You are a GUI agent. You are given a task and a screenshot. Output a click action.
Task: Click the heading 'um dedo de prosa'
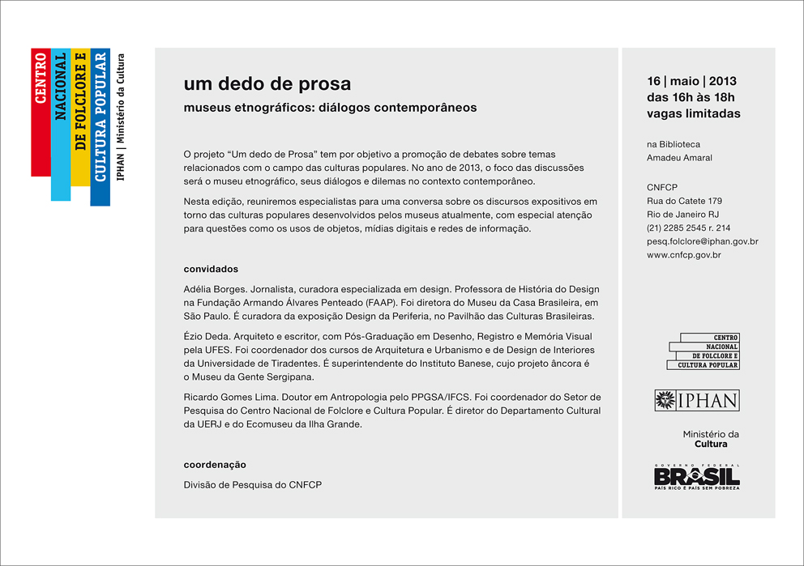267,84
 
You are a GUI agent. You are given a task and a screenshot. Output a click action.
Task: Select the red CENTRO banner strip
41,113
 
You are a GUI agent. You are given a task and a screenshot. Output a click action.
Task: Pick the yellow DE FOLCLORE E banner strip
80,117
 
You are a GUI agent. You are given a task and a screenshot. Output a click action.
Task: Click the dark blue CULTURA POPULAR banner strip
100,127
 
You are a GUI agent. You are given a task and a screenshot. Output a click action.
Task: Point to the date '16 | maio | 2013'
691,81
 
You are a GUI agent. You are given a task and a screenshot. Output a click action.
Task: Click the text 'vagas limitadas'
693,113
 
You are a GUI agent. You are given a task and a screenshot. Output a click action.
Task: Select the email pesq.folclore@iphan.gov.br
702,241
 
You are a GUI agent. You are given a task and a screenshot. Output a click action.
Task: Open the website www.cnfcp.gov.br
683,255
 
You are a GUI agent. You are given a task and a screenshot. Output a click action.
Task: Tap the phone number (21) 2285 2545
680,228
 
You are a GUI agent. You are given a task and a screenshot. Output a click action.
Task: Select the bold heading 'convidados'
211,269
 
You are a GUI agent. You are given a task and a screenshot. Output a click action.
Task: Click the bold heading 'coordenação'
215,465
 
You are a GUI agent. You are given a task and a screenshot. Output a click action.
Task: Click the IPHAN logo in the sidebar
696,400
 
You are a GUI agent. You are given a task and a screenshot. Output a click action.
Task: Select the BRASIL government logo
696,477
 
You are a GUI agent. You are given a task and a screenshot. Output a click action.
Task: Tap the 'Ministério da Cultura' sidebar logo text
710,439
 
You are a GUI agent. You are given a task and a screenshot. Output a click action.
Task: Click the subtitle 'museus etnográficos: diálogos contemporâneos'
330,107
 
